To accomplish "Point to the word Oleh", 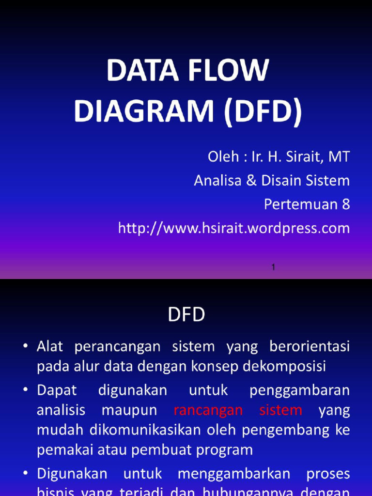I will point(224,157).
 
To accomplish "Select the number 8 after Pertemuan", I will point(345,204).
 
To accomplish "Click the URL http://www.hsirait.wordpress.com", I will point(234,228).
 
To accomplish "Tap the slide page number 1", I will point(274,267).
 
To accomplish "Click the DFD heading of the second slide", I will point(186,315).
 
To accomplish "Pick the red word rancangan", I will point(208,410).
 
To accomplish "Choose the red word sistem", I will point(280,410).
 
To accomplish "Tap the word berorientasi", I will point(310,346).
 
